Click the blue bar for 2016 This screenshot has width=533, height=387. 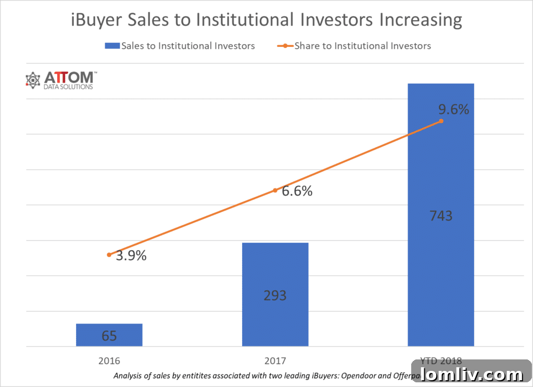coord(109,334)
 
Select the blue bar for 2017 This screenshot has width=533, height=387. coord(275,294)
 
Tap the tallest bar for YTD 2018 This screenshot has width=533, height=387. coord(440,214)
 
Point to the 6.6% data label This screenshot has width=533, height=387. coord(297,191)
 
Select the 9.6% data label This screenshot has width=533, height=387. coord(453,110)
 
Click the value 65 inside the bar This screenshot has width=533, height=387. coord(109,336)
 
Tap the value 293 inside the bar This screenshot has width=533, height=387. coord(275,295)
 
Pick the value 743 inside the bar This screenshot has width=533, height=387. coord(440,215)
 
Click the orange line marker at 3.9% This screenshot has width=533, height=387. coord(109,255)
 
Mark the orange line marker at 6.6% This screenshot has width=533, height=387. coord(275,190)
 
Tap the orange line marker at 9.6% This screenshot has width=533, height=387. coord(441,121)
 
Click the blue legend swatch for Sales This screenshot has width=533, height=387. coord(112,46)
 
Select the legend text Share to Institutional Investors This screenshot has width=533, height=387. coord(362,46)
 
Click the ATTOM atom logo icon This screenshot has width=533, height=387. coord(33,80)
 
